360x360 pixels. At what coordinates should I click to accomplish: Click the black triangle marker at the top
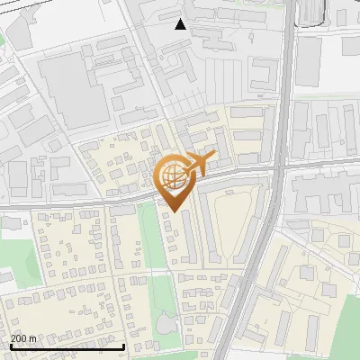[x=181, y=24]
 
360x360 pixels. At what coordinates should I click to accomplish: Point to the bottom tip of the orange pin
[x=173, y=211]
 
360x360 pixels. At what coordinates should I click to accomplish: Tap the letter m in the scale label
[x=33, y=338]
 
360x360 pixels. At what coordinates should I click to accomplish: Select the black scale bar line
[x=67, y=346]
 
